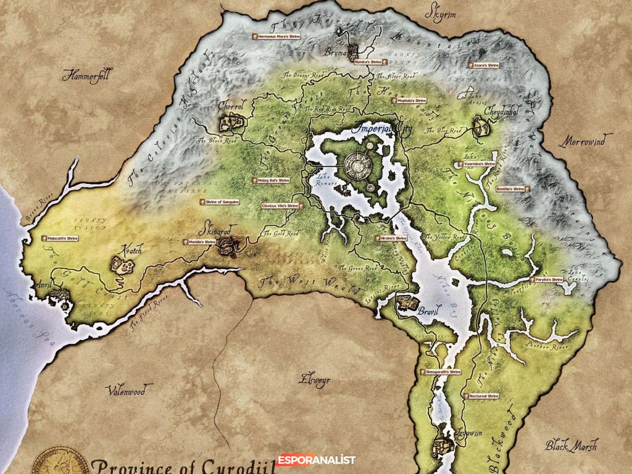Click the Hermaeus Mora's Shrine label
276,36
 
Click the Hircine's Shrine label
392,238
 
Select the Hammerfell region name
86,75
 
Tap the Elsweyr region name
314,380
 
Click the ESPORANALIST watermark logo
316,460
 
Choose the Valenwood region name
125,391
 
